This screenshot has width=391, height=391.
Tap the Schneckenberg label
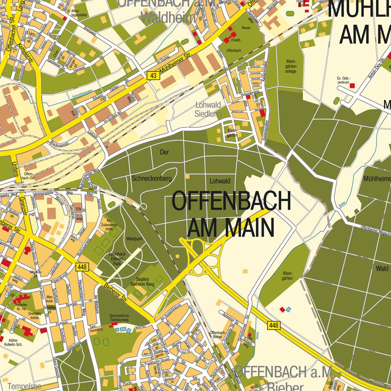[x=152, y=179]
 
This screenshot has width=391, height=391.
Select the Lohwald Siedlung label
[x=208, y=109]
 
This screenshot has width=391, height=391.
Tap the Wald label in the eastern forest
[x=382, y=269]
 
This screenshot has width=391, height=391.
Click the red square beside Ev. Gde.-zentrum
[x=352, y=86]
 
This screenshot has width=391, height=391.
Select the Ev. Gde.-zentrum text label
[x=343, y=81]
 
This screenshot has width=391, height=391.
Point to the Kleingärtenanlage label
[x=291, y=66]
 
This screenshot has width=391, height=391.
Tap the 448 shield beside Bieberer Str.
[x=83, y=267]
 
